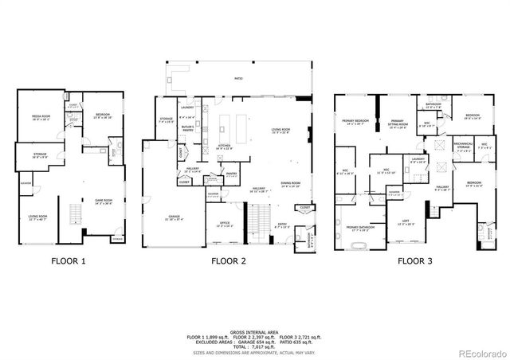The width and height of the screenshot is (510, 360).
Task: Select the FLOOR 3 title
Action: (416, 260)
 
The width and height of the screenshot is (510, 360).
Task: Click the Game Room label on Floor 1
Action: (103, 201)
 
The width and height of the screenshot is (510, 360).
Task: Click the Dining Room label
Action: (290, 184)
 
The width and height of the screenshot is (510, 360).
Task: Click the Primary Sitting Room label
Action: (399, 123)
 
